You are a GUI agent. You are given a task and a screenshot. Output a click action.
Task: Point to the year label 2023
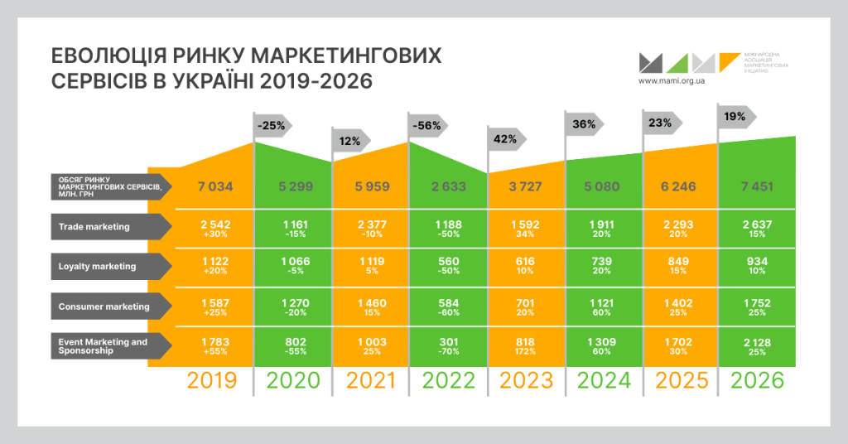pyautogui.click(x=525, y=380)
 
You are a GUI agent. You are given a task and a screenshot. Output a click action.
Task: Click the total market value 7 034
pyautogui.click(x=211, y=186)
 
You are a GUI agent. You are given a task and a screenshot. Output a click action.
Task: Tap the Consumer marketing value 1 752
pyautogui.click(x=758, y=302)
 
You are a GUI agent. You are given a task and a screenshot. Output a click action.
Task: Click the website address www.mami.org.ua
pyautogui.click(x=672, y=82)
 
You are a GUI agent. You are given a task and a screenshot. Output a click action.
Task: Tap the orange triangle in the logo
pyautogui.click(x=730, y=62)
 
